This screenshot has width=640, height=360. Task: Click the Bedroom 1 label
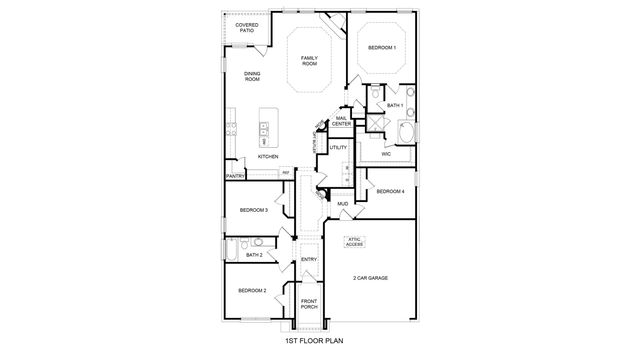[x=381, y=48]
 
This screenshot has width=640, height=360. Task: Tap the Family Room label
[x=310, y=61]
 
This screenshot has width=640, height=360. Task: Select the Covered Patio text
[x=246, y=27]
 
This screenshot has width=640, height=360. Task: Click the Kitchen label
[x=268, y=157]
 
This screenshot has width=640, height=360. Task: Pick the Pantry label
[x=236, y=176]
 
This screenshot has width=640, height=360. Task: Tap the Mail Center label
[x=341, y=121]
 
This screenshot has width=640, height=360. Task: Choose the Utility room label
[x=338, y=148]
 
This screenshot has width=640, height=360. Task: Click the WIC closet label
[x=385, y=154]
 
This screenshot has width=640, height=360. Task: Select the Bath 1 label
[x=394, y=105]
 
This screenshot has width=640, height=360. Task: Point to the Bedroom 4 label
[x=390, y=190]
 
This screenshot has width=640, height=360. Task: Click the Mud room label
[x=342, y=204]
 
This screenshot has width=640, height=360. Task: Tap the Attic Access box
[x=355, y=241]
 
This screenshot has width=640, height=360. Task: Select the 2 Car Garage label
[x=369, y=277]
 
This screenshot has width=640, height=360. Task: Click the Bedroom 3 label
[x=253, y=210]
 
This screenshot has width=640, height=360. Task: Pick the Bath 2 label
[x=255, y=255]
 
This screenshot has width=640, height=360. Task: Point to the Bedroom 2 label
[x=251, y=290]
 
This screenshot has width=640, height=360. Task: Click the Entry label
[x=309, y=260]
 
